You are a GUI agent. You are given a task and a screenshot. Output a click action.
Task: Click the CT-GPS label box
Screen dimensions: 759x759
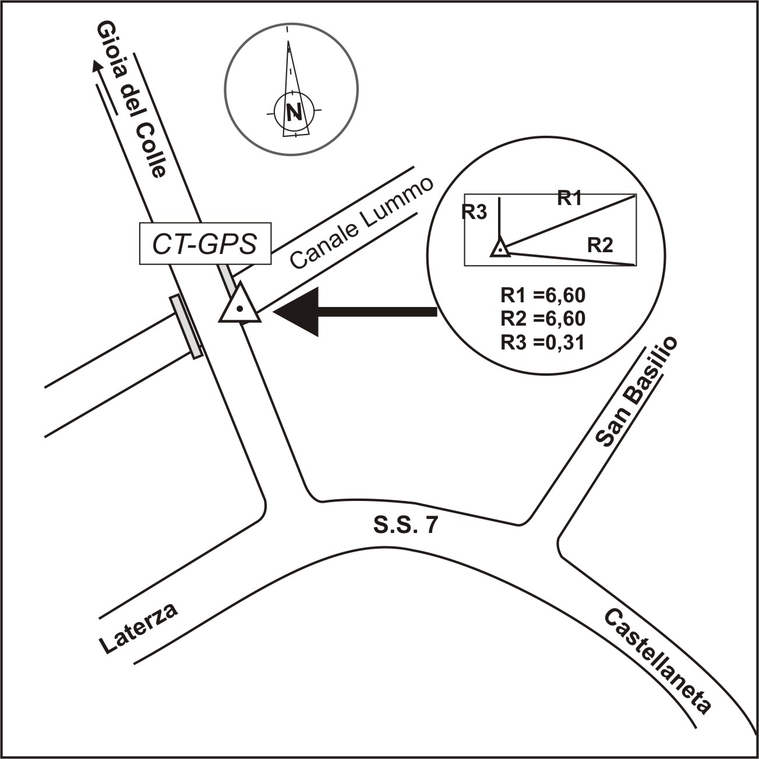point(205,244)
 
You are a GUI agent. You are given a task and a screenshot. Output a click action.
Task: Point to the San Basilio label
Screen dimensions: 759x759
point(637,391)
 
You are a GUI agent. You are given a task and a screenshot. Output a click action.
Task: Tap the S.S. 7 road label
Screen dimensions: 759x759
point(404,525)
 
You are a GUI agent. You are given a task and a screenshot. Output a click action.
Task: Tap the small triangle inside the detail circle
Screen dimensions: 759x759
point(500,249)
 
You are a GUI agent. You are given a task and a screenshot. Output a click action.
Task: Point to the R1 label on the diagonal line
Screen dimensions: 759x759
point(570,199)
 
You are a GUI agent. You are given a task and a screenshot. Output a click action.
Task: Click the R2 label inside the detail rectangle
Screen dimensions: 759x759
point(600,245)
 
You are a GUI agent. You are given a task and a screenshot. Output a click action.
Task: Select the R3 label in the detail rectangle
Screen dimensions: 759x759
point(474,213)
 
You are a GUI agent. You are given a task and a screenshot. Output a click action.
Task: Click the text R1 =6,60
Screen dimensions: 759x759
point(542,296)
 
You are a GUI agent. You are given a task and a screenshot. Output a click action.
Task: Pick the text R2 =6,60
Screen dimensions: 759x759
point(542,319)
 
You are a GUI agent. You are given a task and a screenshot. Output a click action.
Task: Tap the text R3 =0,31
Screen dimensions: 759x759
point(542,342)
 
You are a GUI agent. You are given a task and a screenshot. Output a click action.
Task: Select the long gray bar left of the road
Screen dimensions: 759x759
point(186,326)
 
